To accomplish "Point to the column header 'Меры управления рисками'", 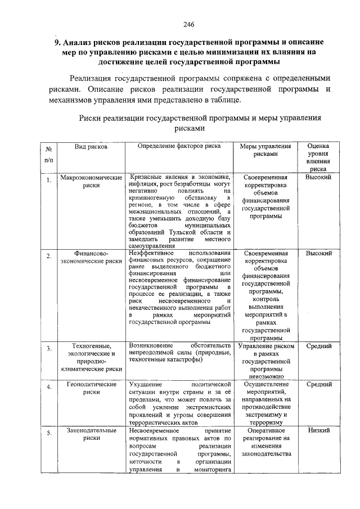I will pyautogui.click(x=265, y=150).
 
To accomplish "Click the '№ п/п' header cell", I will pyautogui.click(x=49, y=155).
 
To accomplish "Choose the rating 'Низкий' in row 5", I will pyautogui.click(x=318, y=430).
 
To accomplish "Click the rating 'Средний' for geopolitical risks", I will pyautogui.click(x=318, y=384).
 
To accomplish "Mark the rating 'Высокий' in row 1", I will pyautogui.click(x=318, y=177).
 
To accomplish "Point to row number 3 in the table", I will pyautogui.click(x=49, y=349).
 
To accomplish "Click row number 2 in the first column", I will pyautogui.click(x=49, y=256).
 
